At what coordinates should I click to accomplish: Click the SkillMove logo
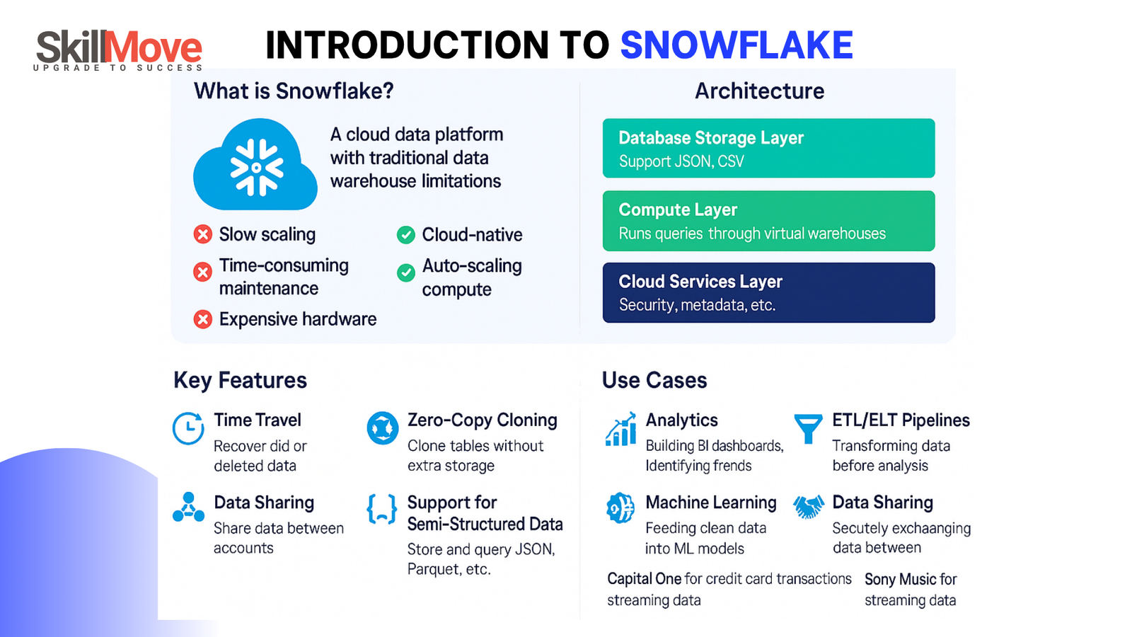coord(119,50)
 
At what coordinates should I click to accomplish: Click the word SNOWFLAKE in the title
coord(737,45)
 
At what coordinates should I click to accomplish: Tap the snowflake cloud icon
coord(255,166)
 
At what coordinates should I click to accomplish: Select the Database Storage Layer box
coord(768,148)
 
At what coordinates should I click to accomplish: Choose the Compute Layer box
coord(768,221)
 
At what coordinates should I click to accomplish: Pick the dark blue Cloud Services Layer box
coord(768,293)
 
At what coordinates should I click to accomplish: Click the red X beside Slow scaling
coord(203,234)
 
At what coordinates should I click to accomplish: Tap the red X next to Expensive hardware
coord(203,319)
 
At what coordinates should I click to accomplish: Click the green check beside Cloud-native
coord(406,235)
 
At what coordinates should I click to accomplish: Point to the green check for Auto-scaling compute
coord(406,272)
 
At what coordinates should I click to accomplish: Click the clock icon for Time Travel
coord(188,428)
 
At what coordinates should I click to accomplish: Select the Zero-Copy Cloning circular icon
coord(383,427)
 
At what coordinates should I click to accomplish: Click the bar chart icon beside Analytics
coord(620,430)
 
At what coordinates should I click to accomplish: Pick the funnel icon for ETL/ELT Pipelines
coord(808,427)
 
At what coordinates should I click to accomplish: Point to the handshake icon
coord(808,507)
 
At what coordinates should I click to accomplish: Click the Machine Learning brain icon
coord(620,507)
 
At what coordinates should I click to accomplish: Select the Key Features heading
coord(240,380)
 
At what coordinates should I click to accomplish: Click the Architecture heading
coord(759,91)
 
